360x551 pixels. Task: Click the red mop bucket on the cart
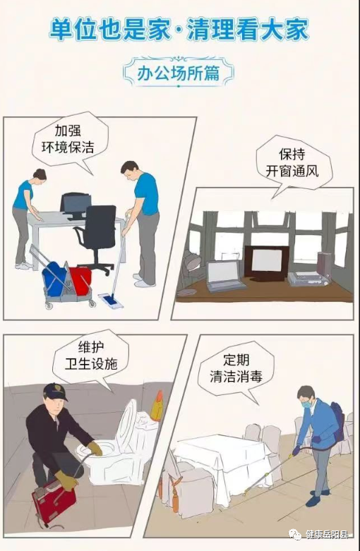80,280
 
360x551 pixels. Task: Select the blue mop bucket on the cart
55,278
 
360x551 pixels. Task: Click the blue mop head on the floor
111,301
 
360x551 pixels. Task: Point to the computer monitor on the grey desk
76,205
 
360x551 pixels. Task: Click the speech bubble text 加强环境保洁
68,139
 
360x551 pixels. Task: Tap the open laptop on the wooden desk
224,276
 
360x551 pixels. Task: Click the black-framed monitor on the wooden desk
267,263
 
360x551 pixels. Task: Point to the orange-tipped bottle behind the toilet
157,405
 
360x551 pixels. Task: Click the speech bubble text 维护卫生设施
91,356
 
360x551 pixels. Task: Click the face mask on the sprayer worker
306,404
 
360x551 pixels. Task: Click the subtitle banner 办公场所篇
179,73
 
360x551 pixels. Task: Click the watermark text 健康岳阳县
327,535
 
